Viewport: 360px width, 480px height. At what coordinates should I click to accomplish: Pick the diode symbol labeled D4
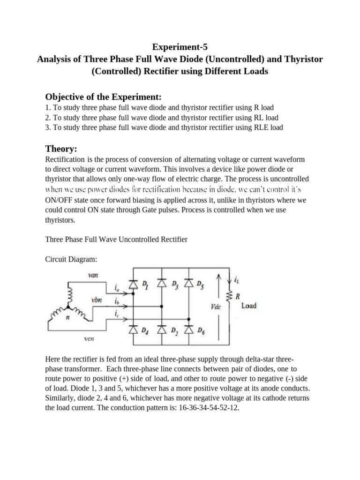pyautogui.click(x=134, y=330)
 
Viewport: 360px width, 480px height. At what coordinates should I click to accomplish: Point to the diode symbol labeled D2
pyautogui.click(x=161, y=330)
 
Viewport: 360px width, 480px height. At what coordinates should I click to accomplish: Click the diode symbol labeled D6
pyautogui.click(x=189, y=330)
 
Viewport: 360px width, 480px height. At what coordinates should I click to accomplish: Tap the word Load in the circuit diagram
pyautogui.click(x=248, y=306)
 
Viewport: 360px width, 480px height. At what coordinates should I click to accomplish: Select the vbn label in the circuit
pyautogui.click(x=97, y=299)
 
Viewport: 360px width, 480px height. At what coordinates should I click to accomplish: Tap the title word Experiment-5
pyautogui.click(x=180, y=47)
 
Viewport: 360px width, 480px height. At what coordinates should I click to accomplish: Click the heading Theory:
pyautogui.click(x=61, y=149)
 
